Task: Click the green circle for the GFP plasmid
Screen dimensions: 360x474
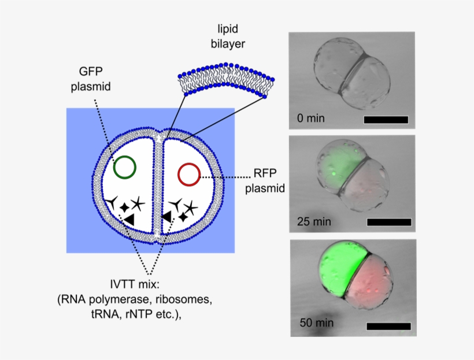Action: click(124, 167)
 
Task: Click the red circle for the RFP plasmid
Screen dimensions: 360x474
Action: click(190, 174)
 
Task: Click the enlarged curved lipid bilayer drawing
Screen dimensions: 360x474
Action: click(223, 81)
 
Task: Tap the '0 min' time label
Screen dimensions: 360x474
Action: click(310, 118)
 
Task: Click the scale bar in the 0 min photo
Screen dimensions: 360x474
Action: click(386, 120)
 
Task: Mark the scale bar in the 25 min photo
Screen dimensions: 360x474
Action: click(389, 222)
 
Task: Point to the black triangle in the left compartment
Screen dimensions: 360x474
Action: click(129, 219)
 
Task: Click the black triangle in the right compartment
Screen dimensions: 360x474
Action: click(167, 216)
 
